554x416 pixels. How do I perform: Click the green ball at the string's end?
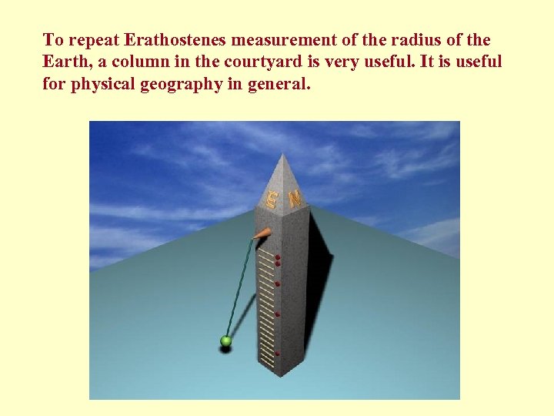click(225, 340)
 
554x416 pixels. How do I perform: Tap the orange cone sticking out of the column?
click(262, 233)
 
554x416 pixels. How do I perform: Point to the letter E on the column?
click(271, 200)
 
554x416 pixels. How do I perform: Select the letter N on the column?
click(295, 197)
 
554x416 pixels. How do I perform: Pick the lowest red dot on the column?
click(277, 353)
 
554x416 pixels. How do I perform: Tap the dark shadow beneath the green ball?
click(225, 350)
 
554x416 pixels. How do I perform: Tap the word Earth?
click(65, 62)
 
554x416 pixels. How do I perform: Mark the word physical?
click(104, 85)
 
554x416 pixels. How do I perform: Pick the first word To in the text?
click(52, 40)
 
